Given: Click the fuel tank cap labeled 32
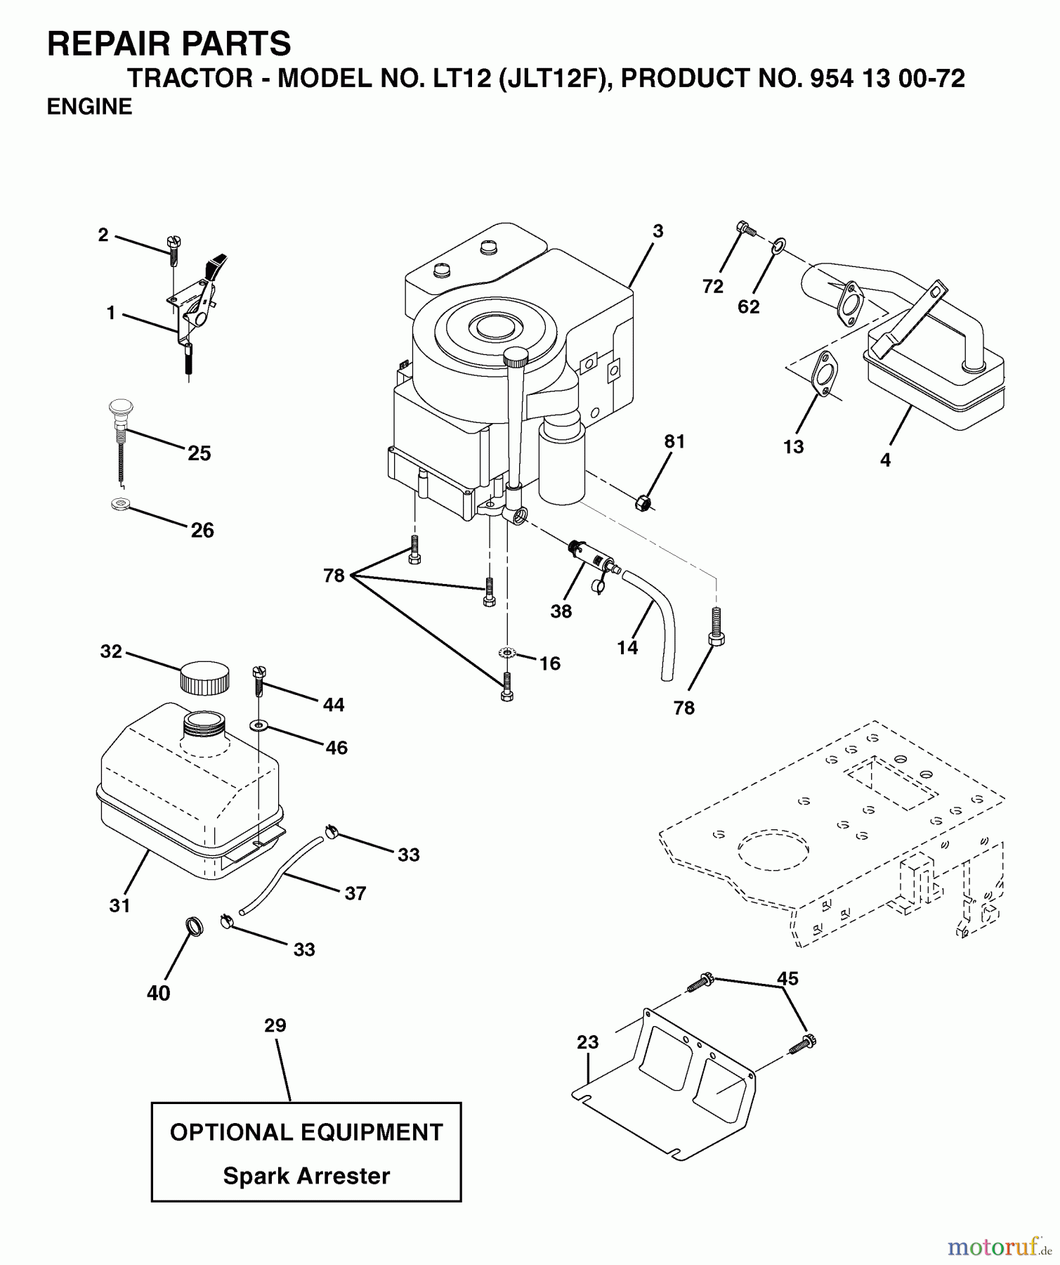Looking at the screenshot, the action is pyautogui.click(x=204, y=677).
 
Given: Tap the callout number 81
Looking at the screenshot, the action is pyautogui.click(x=674, y=441).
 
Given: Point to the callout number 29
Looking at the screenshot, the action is pyautogui.click(x=275, y=1025).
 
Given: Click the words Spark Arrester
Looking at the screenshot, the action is pyautogui.click(x=306, y=1176).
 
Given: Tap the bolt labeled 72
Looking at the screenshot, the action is pyautogui.click(x=745, y=229).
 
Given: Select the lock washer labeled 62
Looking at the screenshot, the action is pyautogui.click(x=778, y=245).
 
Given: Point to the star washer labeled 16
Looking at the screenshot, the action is pyautogui.click(x=506, y=653).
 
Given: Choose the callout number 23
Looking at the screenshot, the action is pyautogui.click(x=587, y=1042).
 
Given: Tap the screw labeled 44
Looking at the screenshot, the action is pyautogui.click(x=259, y=681).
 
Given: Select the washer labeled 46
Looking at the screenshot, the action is pyautogui.click(x=259, y=724).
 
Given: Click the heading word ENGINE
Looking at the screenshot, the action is pyautogui.click(x=89, y=107).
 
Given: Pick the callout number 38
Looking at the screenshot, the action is pyautogui.click(x=561, y=611).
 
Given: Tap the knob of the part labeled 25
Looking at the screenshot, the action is pyautogui.click(x=122, y=408).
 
